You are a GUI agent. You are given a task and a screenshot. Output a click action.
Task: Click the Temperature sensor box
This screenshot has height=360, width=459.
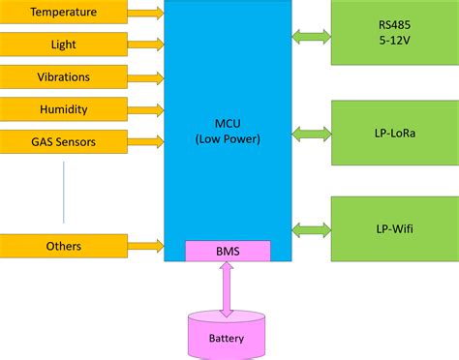[x=63, y=13]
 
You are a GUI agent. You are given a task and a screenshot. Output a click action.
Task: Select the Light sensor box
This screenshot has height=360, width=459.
[x=63, y=45]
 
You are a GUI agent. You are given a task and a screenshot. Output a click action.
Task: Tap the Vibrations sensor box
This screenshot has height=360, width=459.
[x=63, y=77]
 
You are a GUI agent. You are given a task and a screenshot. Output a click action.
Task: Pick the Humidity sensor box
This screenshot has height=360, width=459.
[x=63, y=110]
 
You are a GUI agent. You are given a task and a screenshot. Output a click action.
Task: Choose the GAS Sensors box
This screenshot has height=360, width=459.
[x=63, y=142]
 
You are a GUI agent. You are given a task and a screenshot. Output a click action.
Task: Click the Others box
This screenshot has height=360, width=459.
[x=63, y=246]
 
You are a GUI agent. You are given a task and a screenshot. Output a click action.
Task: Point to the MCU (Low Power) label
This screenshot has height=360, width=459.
[x=228, y=131]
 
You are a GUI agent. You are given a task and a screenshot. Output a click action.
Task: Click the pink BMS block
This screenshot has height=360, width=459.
[x=228, y=252]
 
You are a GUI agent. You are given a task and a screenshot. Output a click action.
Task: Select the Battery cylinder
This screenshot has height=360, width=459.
[x=228, y=334]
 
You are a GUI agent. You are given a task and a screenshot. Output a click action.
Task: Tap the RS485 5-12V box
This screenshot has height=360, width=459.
[x=394, y=33]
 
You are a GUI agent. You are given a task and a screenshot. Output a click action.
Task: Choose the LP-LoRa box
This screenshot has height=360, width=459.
[x=394, y=132]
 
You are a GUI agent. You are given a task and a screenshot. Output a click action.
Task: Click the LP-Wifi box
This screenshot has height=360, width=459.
[x=394, y=228]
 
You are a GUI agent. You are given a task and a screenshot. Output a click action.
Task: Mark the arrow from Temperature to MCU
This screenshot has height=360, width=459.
[x=145, y=13]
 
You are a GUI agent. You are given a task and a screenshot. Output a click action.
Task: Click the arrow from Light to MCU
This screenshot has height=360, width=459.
[x=145, y=45]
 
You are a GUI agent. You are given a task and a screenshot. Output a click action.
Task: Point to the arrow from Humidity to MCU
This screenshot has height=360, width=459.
[x=145, y=110]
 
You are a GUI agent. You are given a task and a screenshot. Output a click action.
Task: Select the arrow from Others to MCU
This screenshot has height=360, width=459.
[x=145, y=246]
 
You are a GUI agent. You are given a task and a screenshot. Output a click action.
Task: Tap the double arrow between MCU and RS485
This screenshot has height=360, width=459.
[x=311, y=37]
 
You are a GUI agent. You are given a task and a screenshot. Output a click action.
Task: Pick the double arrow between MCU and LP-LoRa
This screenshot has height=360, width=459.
[x=311, y=132]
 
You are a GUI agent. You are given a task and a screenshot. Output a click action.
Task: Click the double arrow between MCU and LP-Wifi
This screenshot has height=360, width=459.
[x=311, y=229]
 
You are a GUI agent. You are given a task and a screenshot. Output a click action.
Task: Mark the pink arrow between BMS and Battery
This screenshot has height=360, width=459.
[x=228, y=288]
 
